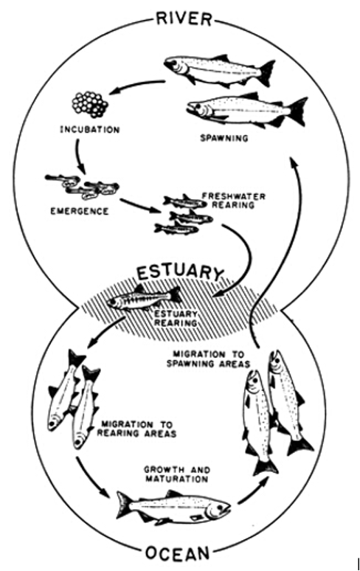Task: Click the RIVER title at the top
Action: (184, 18)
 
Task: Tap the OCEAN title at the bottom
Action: (178, 554)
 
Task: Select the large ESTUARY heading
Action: (179, 273)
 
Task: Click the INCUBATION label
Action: (89, 129)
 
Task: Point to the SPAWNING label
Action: (224, 138)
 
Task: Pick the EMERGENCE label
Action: (80, 211)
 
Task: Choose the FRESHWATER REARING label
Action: (234, 201)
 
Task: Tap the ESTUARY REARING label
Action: (176, 318)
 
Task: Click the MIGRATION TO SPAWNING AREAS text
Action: (209, 359)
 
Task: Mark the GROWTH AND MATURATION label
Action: (177, 474)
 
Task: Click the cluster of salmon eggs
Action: (90, 105)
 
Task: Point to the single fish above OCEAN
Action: (173, 507)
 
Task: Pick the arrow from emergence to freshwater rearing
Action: (139, 205)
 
